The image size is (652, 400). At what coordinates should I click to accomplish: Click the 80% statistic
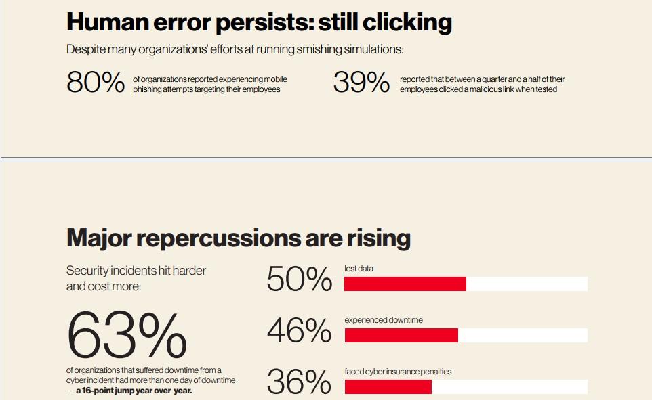click(x=96, y=83)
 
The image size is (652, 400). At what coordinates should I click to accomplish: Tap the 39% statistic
click(x=361, y=83)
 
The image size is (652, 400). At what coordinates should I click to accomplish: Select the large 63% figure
click(x=127, y=336)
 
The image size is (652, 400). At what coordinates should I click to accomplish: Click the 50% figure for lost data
click(x=299, y=279)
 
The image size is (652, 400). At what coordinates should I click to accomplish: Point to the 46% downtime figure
click(x=299, y=331)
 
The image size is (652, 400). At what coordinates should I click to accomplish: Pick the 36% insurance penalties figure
click(x=299, y=382)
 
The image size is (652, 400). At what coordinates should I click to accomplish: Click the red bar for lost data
click(x=405, y=284)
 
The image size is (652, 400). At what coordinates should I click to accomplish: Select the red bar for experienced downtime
click(x=401, y=335)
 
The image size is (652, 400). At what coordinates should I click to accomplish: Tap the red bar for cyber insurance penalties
click(x=388, y=386)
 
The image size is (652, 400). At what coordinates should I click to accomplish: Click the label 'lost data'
click(x=359, y=269)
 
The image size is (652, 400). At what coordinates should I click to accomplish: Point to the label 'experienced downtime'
click(x=383, y=320)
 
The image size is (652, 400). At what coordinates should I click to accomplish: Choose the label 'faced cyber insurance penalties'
click(x=397, y=372)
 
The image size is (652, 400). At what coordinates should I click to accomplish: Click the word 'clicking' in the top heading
click(x=407, y=23)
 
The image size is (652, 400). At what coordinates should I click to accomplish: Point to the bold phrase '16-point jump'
click(x=108, y=391)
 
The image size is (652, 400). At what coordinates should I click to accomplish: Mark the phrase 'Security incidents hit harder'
click(x=136, y=271)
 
